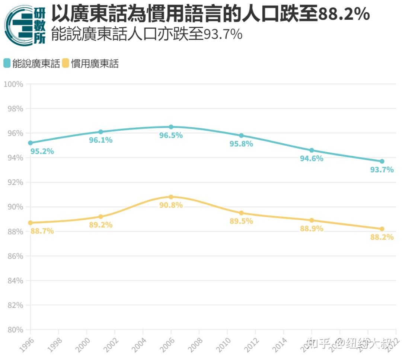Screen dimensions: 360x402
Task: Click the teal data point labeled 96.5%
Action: (171, 127)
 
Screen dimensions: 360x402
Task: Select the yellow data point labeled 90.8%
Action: (171, 197)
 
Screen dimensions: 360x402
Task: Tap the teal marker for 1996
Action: (31, 143)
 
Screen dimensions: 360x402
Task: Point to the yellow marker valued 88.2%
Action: (382, 229)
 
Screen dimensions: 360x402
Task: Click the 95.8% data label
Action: (241, 144)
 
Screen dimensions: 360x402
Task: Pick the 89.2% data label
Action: (100, 225)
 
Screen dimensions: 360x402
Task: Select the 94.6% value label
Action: (312, 159)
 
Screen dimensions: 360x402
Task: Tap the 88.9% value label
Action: (312, 229)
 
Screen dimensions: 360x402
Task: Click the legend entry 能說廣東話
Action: (32, 64)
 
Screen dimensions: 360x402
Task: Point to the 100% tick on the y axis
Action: (13, 84)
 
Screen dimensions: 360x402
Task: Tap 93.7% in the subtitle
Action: (223, 35)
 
